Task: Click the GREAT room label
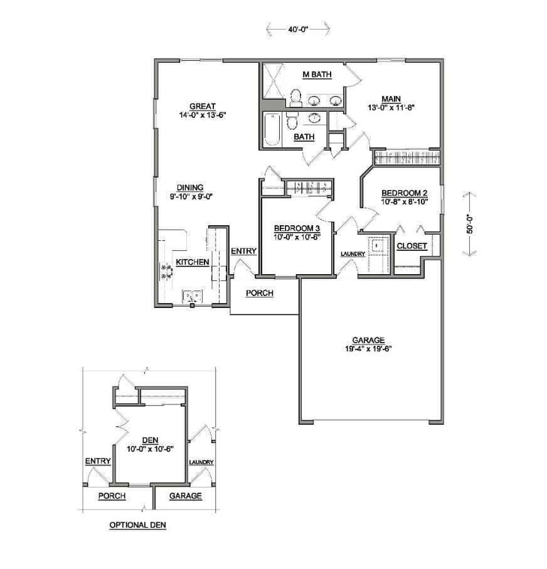(x=203, y=106)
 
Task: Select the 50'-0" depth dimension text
(x=469, y=223)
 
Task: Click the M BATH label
(x=317, y=75)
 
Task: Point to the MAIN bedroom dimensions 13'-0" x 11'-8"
(x=393, y=107)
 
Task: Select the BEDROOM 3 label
(x=297, y=228)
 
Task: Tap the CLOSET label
(x=412, y=246)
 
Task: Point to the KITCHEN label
(x=192, y=262)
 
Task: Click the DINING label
(x=189, y=187)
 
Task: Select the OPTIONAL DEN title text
(x=137, y=524)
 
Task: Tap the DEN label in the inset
(x=149, y=440)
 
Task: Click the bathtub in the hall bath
(x=272, y=130)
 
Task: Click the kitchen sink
(x=192, y=295)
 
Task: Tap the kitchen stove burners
(x=167, y=270)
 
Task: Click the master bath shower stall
(x=273, y=80)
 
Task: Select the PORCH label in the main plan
(x=259, y=293)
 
